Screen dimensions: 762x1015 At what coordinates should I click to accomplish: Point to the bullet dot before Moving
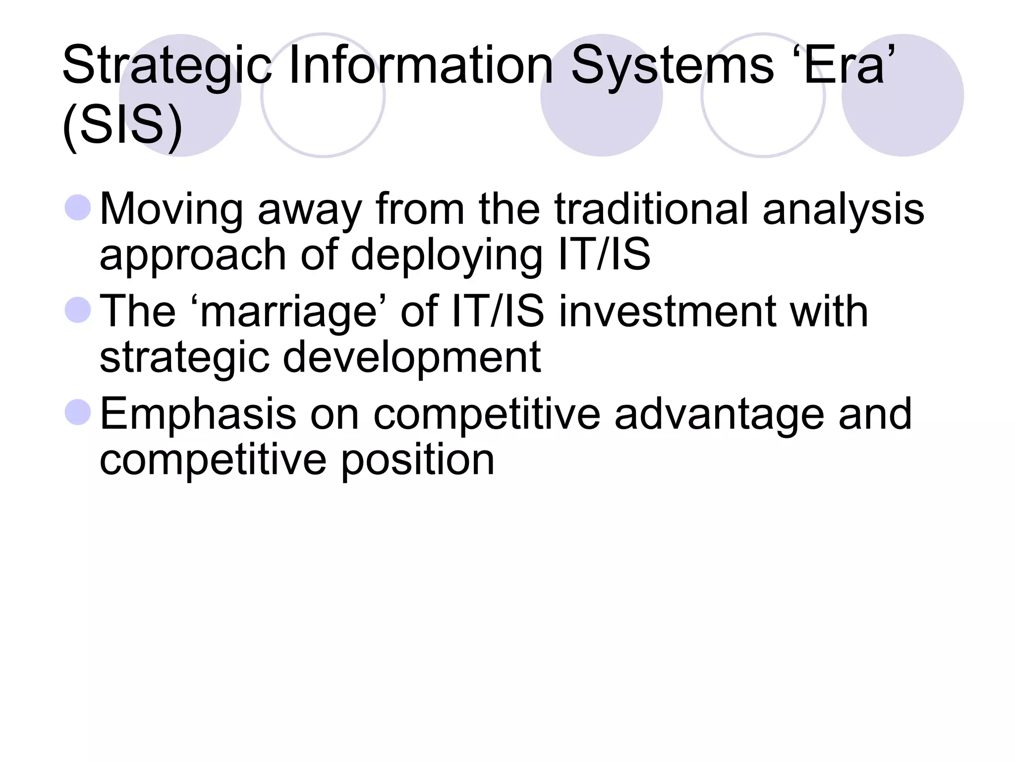click(78, 208)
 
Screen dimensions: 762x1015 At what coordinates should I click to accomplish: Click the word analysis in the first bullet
click(843, 209)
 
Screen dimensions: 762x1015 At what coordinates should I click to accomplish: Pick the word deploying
click(446, 255)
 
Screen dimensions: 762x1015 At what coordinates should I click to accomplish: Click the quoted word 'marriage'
click(289, 311)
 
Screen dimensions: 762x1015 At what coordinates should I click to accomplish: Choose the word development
click(411, 358)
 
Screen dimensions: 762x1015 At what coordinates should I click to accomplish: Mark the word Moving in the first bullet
click(171, 209)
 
